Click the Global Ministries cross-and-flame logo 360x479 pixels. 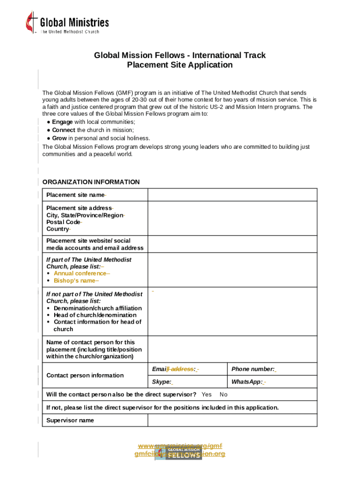pyautogui.click(x=32, y=22)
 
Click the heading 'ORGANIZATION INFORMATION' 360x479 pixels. pyautogui.click(x=91, y=182)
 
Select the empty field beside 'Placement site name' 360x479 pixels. pyautogui.click(x=232, y=195)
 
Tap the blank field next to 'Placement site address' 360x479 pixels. pyautogui.click(x=232, y=218)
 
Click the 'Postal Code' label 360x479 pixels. pyautogui.click(x=63, y=222)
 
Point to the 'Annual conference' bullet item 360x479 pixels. pyautogui.click(x=81, y=273)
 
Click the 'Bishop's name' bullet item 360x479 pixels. pyautogui.click(x=75, y=281)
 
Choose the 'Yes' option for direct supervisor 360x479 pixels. pyautogui.click(x=207, y=394)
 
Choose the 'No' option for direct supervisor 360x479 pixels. pyautogui.click(x=223, y=394)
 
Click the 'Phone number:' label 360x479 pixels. pyautogui.click(x=253, y=369)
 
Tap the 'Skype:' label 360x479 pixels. pyautogui.click(x=161, y=382)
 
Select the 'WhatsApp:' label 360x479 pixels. pyautogui.click(x=247, y=382)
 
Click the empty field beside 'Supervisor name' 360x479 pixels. pyautogui.click(x=232, y=420)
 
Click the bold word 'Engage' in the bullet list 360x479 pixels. pyautogui.click(x=62, y=122)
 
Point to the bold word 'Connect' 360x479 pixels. pyautogui.click(x=64, y=130)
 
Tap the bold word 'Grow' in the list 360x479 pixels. pyautogui.click(x=59, y=138)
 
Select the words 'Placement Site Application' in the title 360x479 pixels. pyautogui.click(x=180, y=65)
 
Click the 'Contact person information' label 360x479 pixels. pyautogui.click(x=85, y=375)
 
